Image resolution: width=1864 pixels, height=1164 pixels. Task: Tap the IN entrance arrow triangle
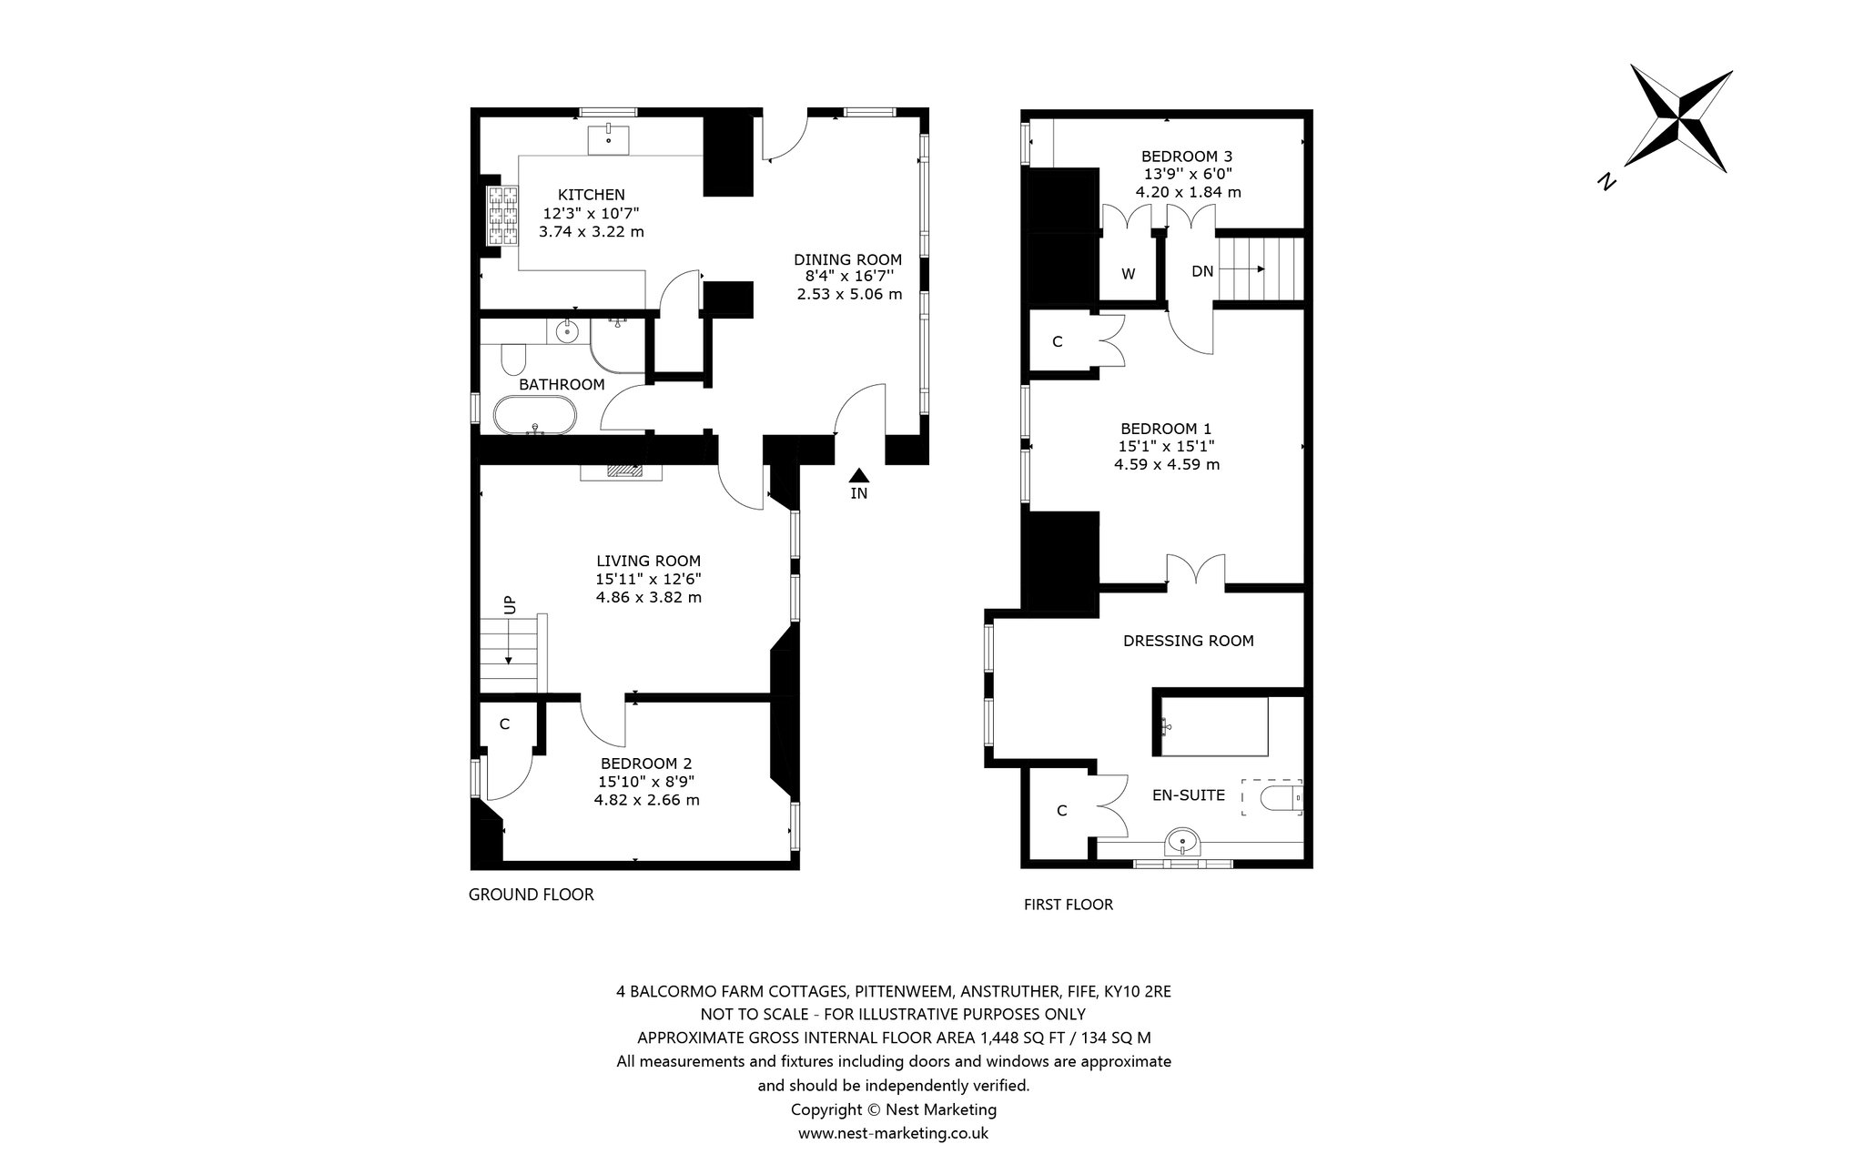858,475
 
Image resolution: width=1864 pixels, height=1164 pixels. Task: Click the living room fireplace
622,471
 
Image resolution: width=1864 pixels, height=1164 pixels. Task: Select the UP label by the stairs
509,603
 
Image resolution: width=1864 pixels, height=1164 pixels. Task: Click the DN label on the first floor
1202,271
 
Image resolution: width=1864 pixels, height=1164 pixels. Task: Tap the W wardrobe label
1128,273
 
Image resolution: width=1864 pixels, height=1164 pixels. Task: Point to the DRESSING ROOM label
1189,641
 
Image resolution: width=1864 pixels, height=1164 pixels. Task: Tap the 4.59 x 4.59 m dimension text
1167,464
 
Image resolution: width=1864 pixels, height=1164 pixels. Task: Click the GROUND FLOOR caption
532,895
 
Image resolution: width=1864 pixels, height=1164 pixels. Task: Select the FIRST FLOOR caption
1069,905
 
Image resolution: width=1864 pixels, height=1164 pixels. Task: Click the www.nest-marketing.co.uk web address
893,1133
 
